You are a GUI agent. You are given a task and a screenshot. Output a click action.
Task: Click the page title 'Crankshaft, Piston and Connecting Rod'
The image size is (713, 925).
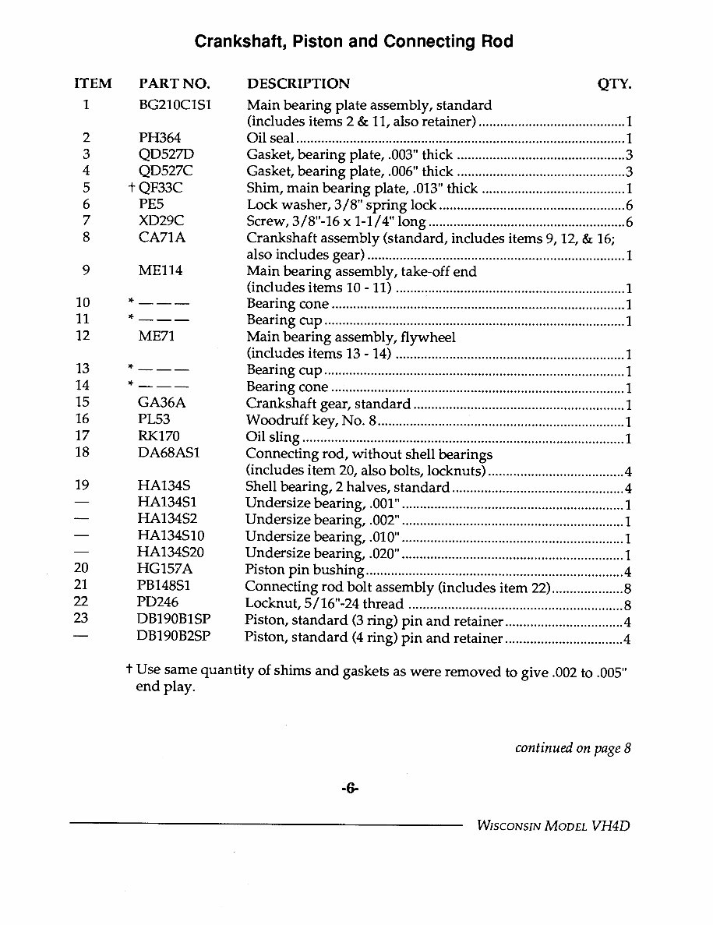(353, 42)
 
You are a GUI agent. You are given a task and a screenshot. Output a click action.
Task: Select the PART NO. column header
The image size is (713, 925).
(174, 84)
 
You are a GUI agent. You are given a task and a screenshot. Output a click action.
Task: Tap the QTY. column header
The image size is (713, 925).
(613, 84)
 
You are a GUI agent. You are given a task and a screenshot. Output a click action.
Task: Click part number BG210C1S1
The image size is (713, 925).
(175, 105)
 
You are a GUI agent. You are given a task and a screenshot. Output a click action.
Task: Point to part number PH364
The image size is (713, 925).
(159, 138)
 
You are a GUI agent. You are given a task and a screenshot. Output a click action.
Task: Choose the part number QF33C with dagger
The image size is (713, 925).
(161, 188)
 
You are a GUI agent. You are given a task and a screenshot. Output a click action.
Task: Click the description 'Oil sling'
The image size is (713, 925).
(273, 437)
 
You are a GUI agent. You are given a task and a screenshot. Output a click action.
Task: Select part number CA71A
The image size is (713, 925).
(161, 238)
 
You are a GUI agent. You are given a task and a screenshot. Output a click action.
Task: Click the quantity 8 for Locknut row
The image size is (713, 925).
(627, 605)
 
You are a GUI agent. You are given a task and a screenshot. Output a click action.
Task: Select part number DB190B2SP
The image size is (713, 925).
(174, 637)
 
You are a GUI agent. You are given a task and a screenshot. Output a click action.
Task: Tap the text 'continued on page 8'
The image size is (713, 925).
(573, 748)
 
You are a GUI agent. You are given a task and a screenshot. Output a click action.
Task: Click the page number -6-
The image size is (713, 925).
(349, 789)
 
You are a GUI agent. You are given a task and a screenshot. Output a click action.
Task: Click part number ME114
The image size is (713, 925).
(160, 271)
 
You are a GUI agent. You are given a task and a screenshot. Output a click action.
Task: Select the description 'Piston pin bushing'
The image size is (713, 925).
(304, 570)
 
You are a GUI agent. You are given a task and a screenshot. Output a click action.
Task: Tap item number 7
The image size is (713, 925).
(86, 221)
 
